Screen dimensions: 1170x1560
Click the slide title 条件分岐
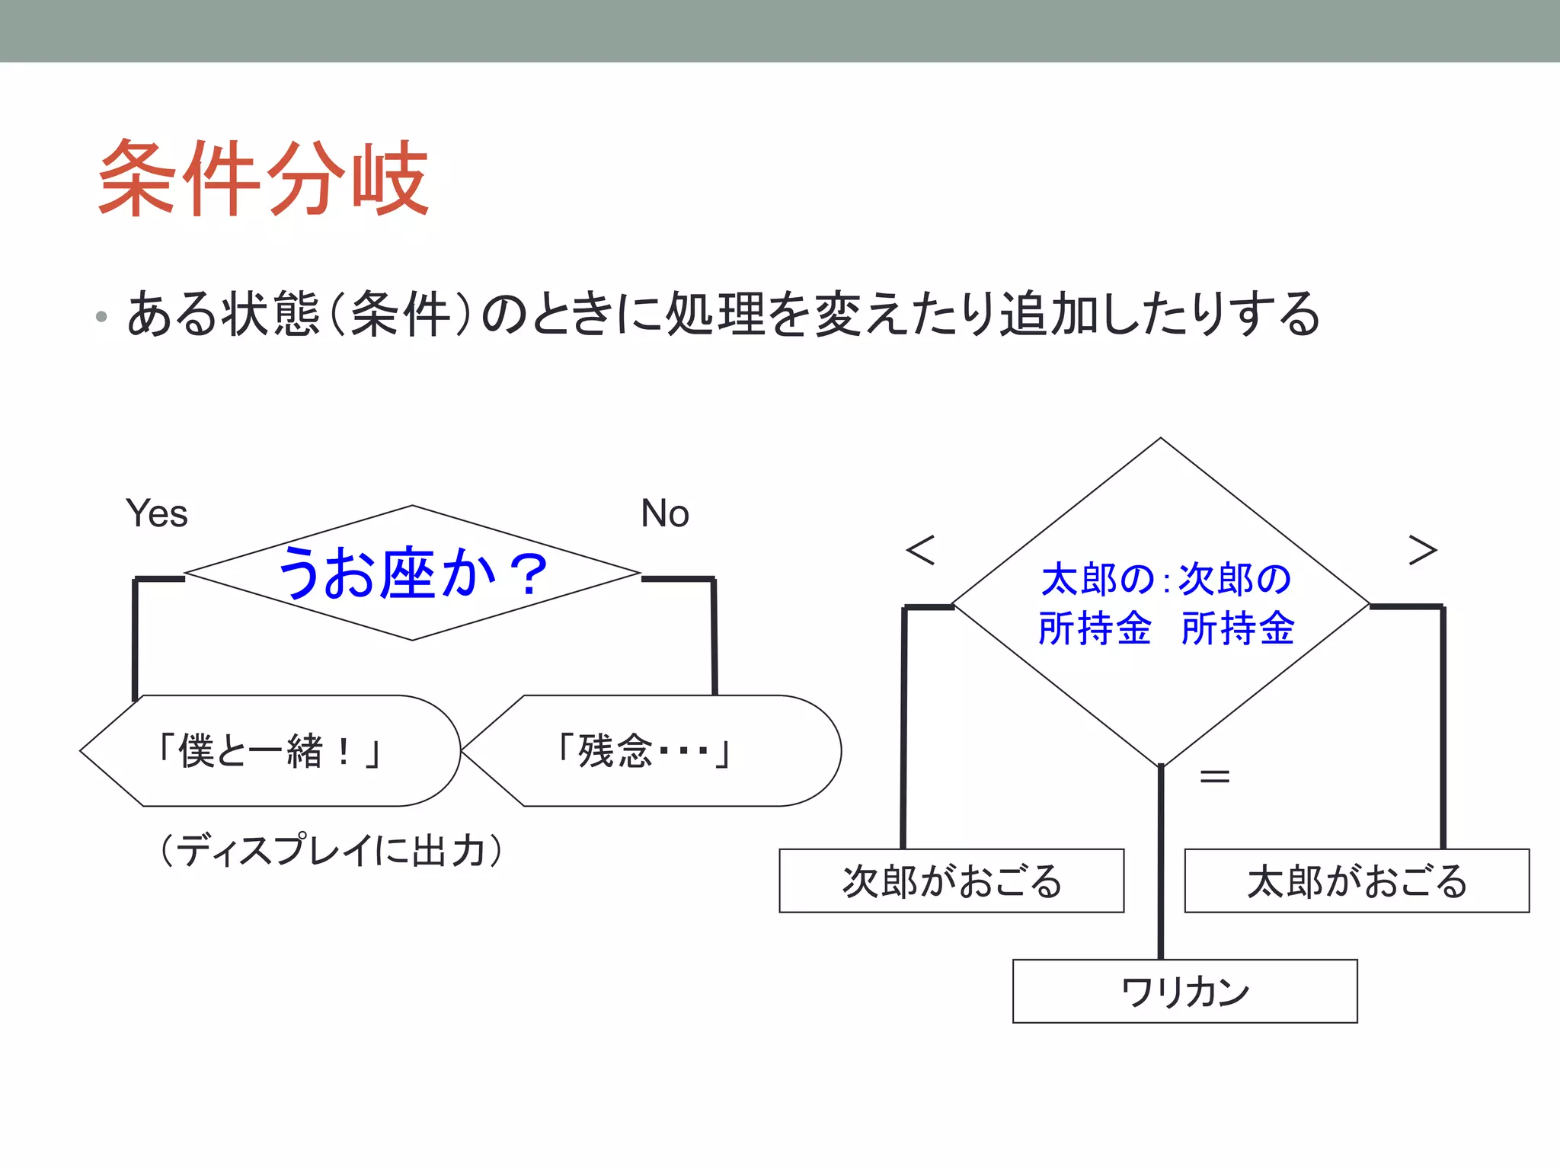coord(264,179)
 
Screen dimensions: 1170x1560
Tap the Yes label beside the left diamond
coord(156,513)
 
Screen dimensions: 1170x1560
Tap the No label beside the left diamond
coord(664,513)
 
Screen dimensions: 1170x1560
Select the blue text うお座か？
coord(412,573)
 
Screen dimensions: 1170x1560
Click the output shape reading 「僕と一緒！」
coord(270,751)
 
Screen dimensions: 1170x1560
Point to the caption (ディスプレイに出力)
coord(331,850)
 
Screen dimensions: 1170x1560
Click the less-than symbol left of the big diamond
coord(920,550)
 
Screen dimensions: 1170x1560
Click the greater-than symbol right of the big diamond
coord(1422,550)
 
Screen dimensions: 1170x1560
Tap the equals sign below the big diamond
coord(1214,777)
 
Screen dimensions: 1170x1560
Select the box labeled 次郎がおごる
coord(951,881)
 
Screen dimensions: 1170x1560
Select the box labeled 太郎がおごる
coord(1357,881)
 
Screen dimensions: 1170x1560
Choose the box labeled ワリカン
coord(1184,991)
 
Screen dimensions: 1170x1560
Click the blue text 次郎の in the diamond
coord(1235,580)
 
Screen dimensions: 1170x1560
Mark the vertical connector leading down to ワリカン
coord(1161,861)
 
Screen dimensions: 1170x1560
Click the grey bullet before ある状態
coord(101,316)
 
